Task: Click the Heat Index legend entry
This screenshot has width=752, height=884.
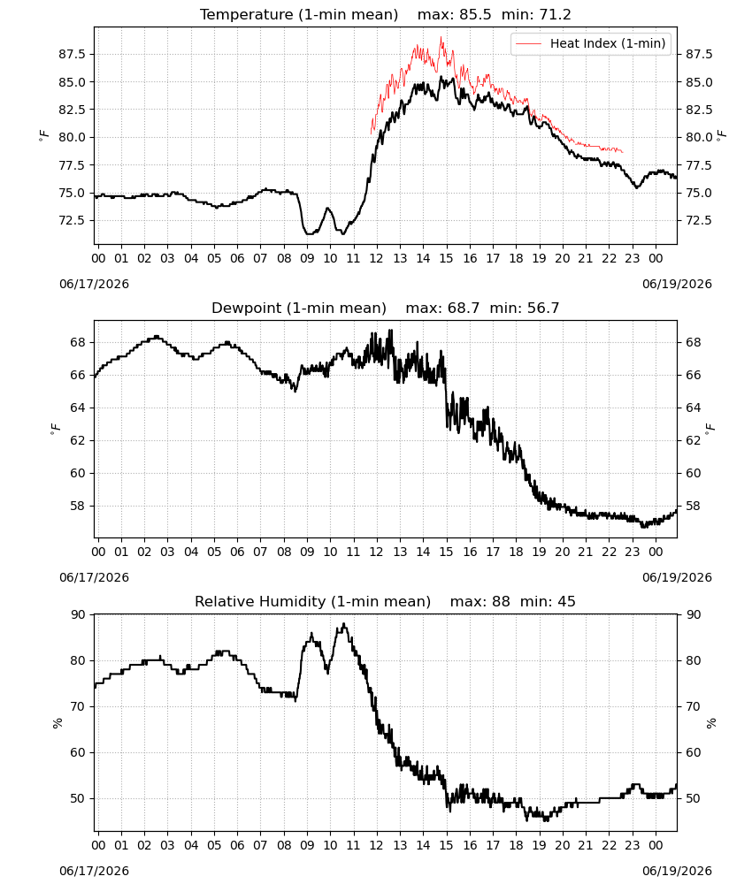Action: pyautogui.click(x=591, y=43)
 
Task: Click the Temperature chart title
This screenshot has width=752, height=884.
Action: pyautogui.click(x=386, y=14)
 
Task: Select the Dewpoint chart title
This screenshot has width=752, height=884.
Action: pyautogui.click(x=386, y=308)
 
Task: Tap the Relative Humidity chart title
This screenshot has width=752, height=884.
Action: pyautogui.click(x=386, y=601)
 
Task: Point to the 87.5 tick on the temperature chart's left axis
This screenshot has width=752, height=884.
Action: pyautogui.click(x=73, y=54)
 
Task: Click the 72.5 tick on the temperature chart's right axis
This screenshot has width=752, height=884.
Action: pyautogui.click(x=699, y=220)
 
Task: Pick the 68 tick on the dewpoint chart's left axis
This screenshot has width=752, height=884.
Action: pyautogui.click(x=78, y=342)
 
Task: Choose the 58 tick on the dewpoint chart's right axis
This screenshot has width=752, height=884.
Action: pyautogui.click(x=694, y=506)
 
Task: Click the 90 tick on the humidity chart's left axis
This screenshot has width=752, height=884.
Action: pyautogui.click(x=78, y=614)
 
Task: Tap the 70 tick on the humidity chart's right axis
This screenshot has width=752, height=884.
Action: pyautogui.click(x=694, y=706)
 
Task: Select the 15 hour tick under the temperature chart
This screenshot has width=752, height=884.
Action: pyautogui.click(x=446, y=258)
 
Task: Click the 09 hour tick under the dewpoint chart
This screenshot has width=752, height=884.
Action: pyautogui.click(x=307, y=552)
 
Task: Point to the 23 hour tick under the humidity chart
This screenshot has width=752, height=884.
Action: pyautogui.click(x=633, y=846)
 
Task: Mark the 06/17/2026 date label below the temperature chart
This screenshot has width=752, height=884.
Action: pyautogui.click(x=94, y=284)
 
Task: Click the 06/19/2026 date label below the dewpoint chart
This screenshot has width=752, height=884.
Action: pyautogui.click(x=677, y=577)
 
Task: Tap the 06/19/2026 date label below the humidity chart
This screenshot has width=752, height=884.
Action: pyautogui.click(x=677, y=871)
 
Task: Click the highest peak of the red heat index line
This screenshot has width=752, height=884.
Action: pyautogui.click(x=441, y=38)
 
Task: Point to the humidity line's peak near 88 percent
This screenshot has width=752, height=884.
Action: pyautogui.click(x=343, y=623)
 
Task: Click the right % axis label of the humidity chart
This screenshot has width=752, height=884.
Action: pyautogui.click(x=710, y=723)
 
